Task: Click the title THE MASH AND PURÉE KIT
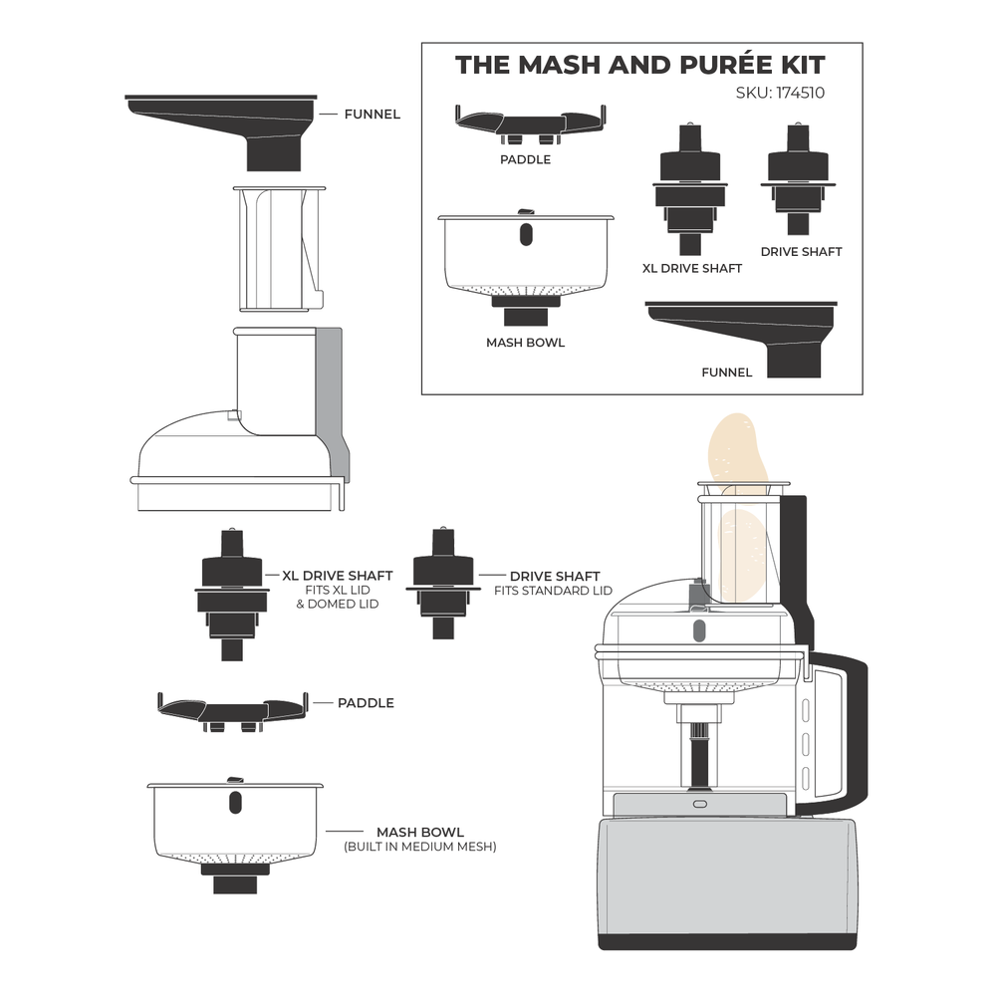click(x=639, y=66)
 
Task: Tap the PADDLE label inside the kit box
click(x=526, y=158)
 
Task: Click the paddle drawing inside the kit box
click(x=529, y=123)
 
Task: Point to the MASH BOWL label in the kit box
click(x=525, y=343)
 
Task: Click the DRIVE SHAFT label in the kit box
click(x=801, y=252)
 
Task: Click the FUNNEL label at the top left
click(x=372, y=115)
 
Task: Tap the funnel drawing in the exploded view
click(x=239, y=124)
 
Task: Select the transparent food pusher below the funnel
click(x=276, y=244)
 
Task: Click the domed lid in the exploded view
click(x=239, y=428)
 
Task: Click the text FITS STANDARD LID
click(x=553, y=591)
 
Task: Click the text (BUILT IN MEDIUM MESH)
click(x=419, y=847)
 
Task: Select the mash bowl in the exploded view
click(x=236, y=822)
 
